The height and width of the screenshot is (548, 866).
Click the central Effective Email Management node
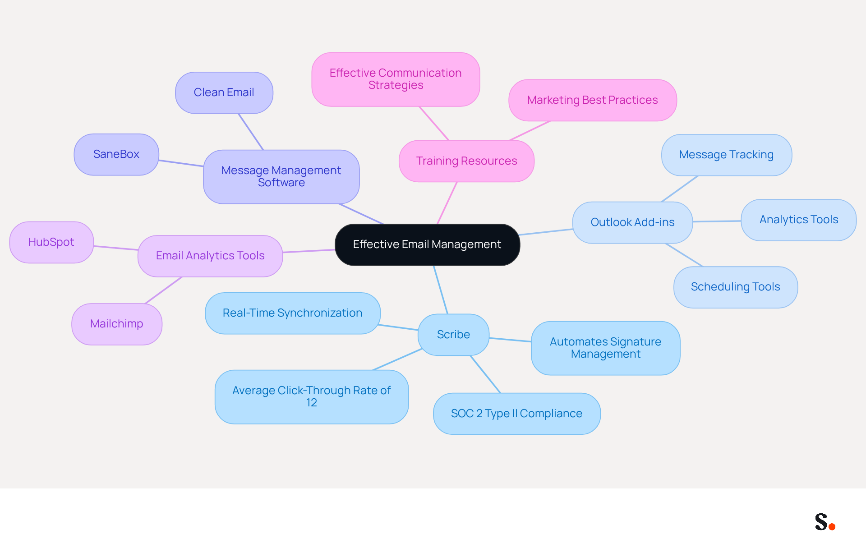[x=427, y=244]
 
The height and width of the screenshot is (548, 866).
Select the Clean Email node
[x=224, y=92]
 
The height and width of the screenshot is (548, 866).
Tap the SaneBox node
[x=116, y=154]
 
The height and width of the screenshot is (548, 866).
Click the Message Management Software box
[x=281, y=177]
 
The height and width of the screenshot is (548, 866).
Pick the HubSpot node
[x=51, y=242]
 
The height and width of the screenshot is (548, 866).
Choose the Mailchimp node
[x=117, y=324]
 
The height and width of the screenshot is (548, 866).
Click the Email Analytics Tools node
[x=210, y=256]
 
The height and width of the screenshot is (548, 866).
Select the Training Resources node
[x=467, y=161]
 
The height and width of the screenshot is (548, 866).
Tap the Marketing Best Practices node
[x=593, y=100]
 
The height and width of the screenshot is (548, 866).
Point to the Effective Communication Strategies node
[x=396, y=79]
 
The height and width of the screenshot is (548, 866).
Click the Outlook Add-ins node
[x=632, y=222]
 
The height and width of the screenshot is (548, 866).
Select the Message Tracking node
[x=727, y=155]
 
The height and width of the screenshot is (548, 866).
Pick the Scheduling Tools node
[x=736, y=287]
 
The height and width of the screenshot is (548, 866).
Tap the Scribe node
[x=454, y=335]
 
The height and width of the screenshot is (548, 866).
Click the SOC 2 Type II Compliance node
[x=517, y=414]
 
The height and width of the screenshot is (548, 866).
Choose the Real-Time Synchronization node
[x=293, y=313]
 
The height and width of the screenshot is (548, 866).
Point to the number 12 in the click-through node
[x=312, y=403]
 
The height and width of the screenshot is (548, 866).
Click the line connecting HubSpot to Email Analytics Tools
[x=116, y=248]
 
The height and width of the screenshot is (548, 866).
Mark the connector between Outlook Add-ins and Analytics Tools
[x=717, y=221]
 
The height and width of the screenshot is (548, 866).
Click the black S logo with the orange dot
[x=825, y=522]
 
